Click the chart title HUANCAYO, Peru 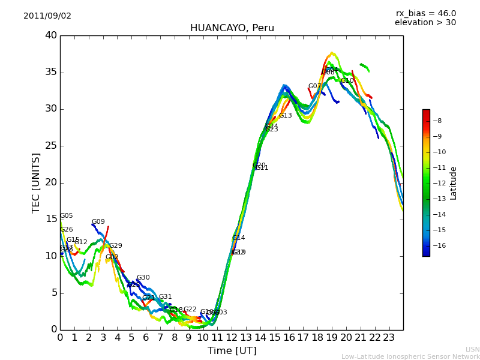click(x=232, y=28)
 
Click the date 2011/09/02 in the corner click(x=47, y=16)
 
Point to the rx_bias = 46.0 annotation click(x=425, y=14)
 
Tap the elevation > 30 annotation click(x=425, y=23)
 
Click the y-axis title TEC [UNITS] click(x=36, y=182)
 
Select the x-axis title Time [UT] click(x=232, y=351)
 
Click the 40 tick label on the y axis click(x=51, y=35)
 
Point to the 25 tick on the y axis click(x=51, y=146)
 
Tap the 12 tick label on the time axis click(x=232, y=337)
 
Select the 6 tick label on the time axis click(x=146, y=337)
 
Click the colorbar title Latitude click(x=454, y=183)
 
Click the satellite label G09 click(x=98, y=222)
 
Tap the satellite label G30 click(x=143, y=278)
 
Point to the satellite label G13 click(x=285, y=116)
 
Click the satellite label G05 click(x=66, y=216)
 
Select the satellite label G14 click(x=238, y=238)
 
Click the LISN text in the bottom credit click(x=472, y=349)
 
